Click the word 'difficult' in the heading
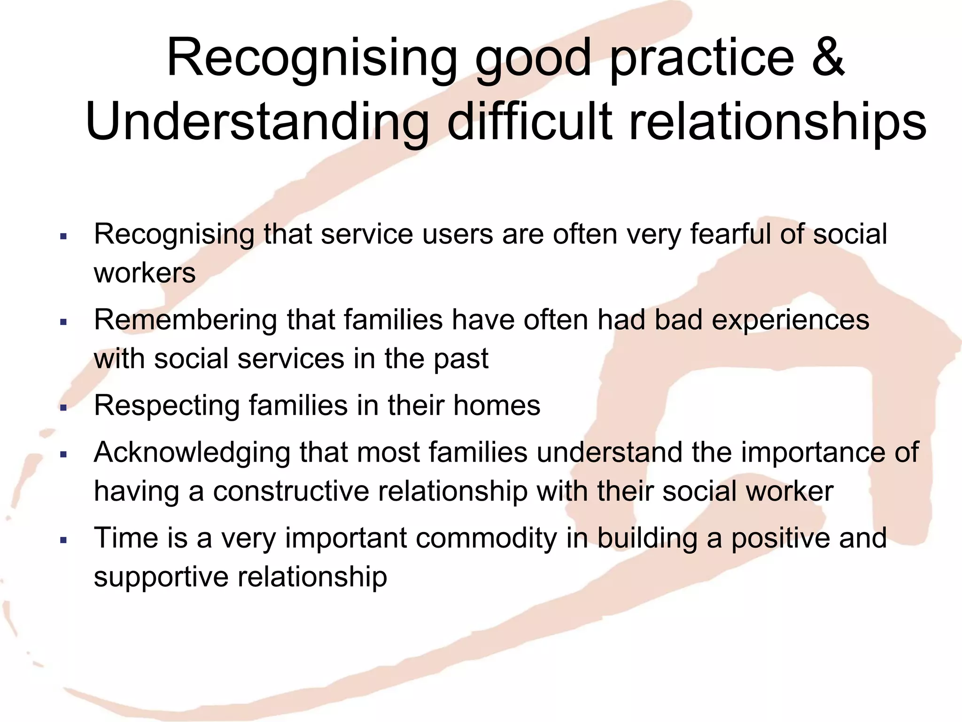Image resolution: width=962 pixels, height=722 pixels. tap(529, 122)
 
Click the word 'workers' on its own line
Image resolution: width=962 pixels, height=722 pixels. tap(145, 273)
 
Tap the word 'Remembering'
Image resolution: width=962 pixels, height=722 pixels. tap(186, 320)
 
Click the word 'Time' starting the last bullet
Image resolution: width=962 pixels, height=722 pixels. tap(125, 538)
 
